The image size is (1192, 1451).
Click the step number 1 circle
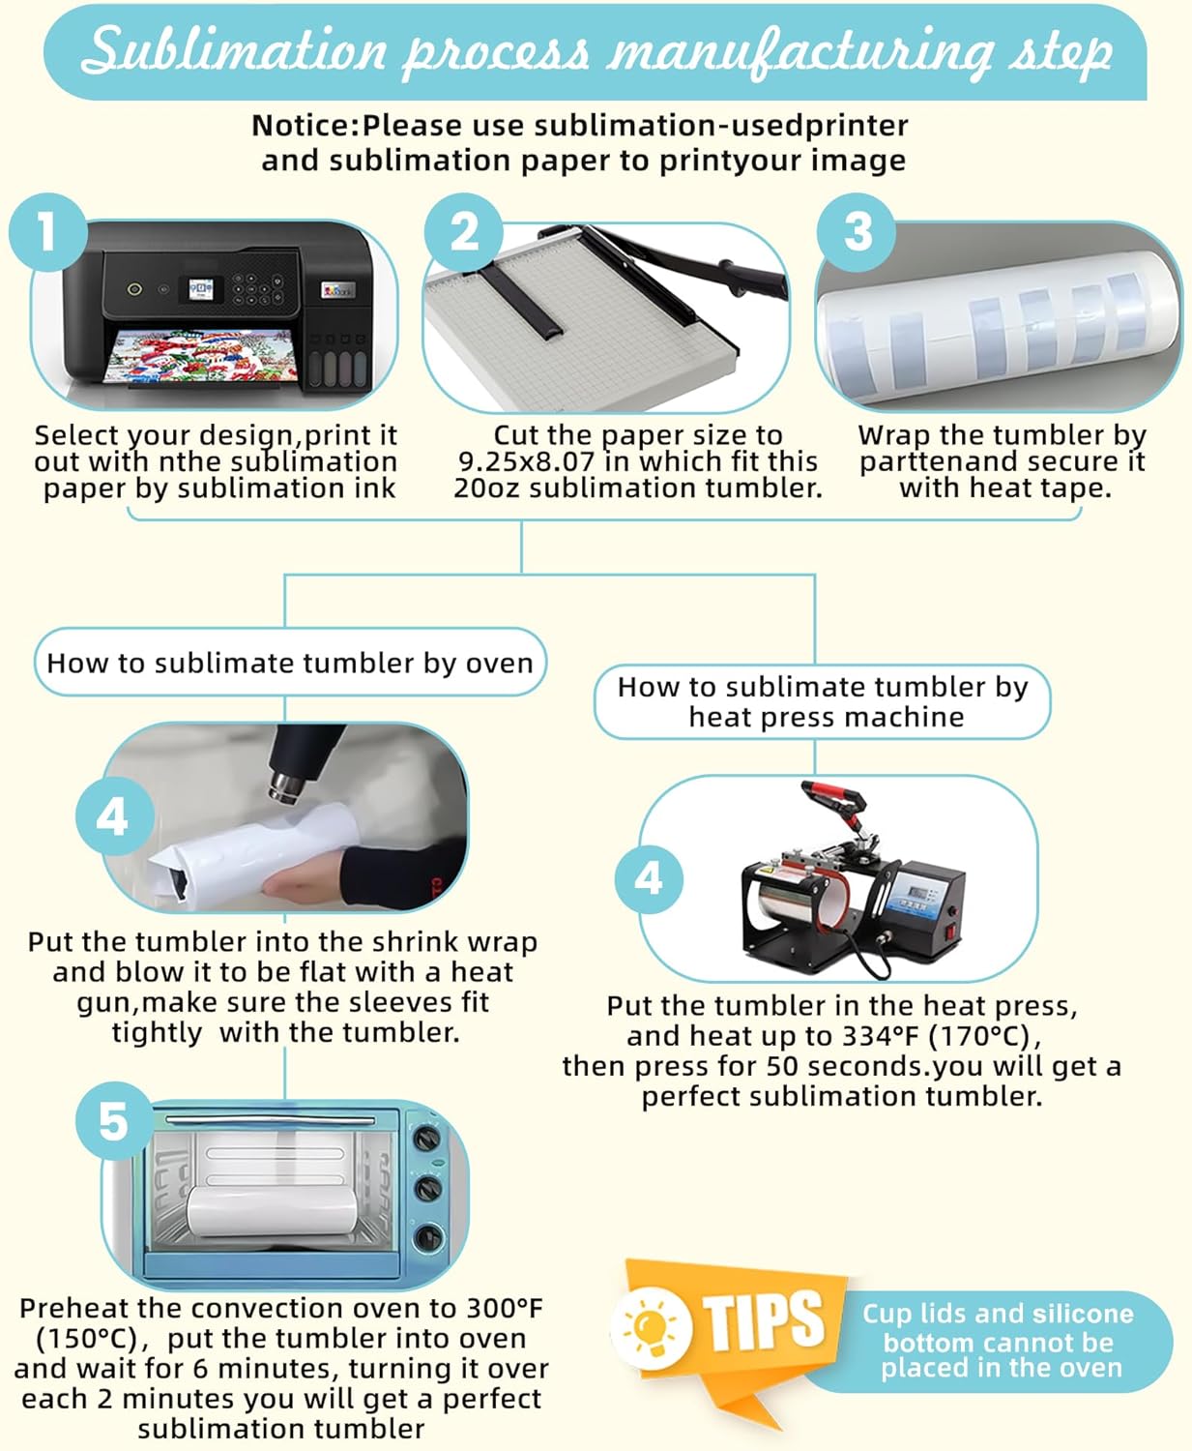[48, 232]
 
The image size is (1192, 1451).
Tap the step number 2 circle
[464, 232]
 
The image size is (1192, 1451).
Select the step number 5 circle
[114, 1121]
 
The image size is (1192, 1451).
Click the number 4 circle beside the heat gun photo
[114, 817]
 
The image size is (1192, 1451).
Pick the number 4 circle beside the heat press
[649, 879]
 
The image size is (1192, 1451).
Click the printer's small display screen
[201, 289]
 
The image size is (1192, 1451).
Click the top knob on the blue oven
[427, 1138]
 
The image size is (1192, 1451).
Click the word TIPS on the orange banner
[763, 1321]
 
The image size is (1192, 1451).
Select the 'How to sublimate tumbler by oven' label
[290, 663]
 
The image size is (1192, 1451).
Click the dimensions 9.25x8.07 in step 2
[527, 461]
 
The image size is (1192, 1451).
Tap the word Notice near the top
[302, 126]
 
